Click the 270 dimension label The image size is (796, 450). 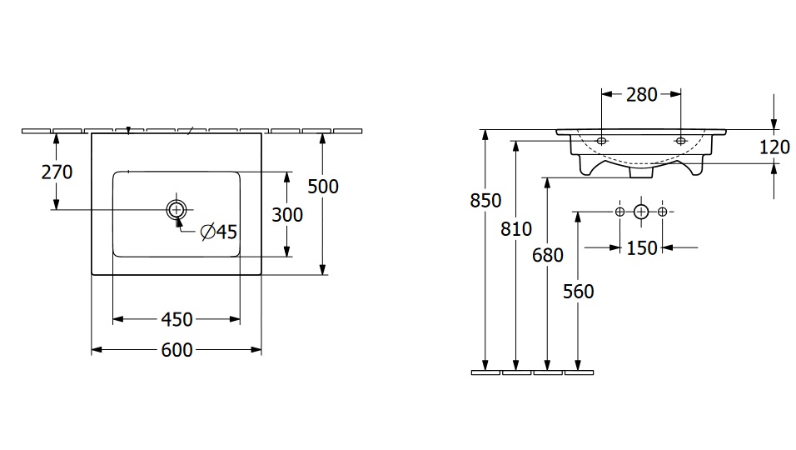tap(57, 172)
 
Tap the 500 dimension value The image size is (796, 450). tap(323, 186)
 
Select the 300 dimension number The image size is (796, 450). tap(287, 214)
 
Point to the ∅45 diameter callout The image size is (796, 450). tap(219, 232)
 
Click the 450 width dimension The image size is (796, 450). tap(176, 319)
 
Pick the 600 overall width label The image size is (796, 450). tap(176, 350)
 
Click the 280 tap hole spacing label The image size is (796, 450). tap(641, 94)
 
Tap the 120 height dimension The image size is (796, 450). tap(774, 147)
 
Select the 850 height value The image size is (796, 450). tap(485, 201)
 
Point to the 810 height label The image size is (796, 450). tap(516, 229)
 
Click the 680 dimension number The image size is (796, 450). tap(547, 255)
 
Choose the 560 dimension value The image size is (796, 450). tap(578, 291)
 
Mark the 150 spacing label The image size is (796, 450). tap(641, 247)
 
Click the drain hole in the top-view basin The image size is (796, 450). tap(177, 208)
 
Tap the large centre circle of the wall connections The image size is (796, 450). tap(640, 212)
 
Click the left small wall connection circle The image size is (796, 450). tap(619, 212)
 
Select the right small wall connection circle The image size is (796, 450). tap(662, 212)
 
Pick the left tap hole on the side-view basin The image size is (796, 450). tap(601, 141)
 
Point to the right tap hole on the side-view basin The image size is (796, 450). tap(680, 141)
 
